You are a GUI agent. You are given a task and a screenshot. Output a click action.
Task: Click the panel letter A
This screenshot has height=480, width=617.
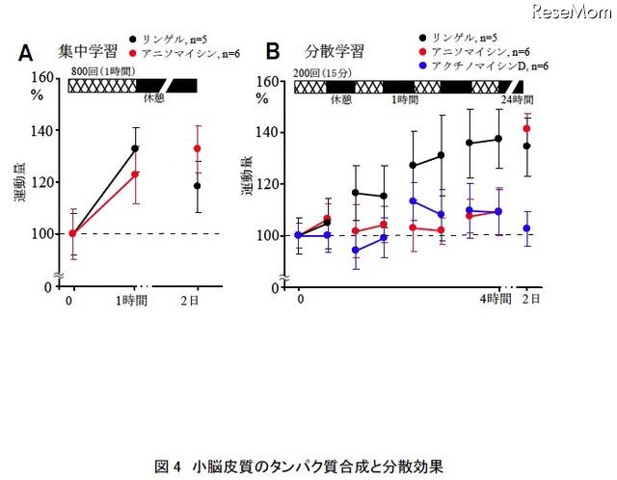(x=28, y=50)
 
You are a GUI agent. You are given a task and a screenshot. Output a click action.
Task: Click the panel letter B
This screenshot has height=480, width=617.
(x=273, y=50)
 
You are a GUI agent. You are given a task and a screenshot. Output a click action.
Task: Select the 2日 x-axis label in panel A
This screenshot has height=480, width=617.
(x=198, y=303)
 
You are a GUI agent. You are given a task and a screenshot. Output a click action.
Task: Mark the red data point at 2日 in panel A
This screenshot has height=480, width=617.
(x=198, y=148)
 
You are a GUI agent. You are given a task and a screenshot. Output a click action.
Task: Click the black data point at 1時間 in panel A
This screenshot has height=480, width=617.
(x=136, y=148)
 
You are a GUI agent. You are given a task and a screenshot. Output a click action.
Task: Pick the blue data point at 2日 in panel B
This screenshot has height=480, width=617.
(x=527, y=228)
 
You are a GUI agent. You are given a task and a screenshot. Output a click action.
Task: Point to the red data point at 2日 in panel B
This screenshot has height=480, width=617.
(x=527, y=128)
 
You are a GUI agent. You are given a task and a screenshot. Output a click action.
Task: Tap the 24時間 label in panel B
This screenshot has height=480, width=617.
(x=516, y=99)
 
